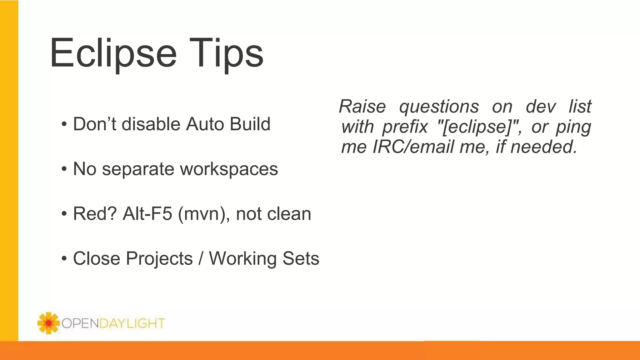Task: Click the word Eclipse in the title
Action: (113, 53)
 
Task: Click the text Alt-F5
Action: (147, 214)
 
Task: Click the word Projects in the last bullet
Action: (159, 259)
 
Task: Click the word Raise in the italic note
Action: (362, 107)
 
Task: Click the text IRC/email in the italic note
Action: (413, 147)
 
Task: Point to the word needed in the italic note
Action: (543, 147)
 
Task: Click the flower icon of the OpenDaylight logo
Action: (48, 323)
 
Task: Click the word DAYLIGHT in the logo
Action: (132, 323)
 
